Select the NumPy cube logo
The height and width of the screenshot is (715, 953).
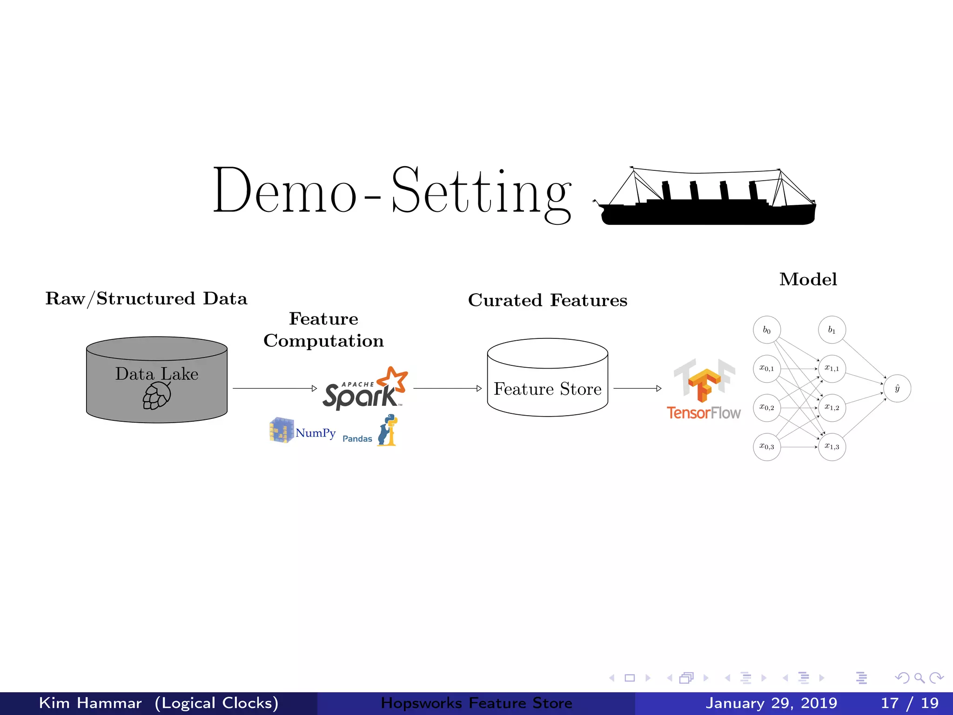tap(282, 430)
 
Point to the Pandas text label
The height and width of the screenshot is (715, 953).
tap(357, 439)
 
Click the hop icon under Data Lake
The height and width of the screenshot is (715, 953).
tap(156, 396)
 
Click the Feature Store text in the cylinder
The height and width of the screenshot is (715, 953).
tap(548, 389)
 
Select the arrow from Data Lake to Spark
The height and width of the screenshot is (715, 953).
tap(275, 388)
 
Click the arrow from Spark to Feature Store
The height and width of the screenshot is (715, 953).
tap(447, 388)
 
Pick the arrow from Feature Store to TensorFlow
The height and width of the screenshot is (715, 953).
tap(637, 388)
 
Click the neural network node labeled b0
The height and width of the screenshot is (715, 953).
tap(766, 330)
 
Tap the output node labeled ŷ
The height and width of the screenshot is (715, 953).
tap(897, 388)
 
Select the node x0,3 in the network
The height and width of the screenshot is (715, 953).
tap(766, 447)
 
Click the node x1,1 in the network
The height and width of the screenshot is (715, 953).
tap(832, 369)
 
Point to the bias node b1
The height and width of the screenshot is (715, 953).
tap(832, 330)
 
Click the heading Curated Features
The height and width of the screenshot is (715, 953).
tap(548, 300)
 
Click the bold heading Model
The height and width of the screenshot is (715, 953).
tap(808, 279)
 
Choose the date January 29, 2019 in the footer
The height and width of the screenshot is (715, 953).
tap(771, 703)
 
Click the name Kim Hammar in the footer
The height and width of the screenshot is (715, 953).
tap(90, 703)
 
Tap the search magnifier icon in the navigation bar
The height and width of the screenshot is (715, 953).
tap(919, 678)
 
